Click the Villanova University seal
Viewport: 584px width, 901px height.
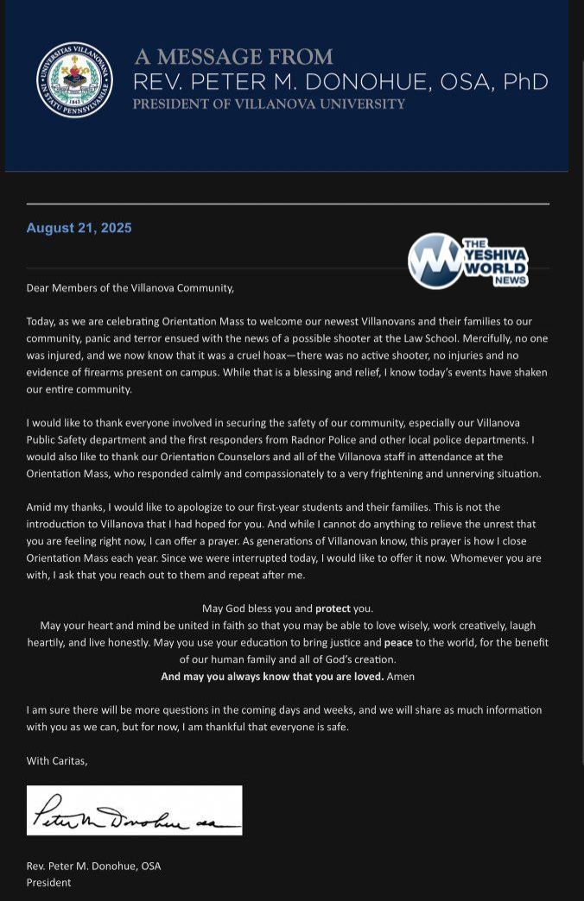pyautogui.click(x=74, y=80)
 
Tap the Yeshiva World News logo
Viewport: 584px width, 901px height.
pyautogui.click(x=467, y=261)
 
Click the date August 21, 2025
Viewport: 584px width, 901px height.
pyautogui.click(x=79, y=228)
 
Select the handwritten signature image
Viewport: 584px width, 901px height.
pyautogui.click(x=134, y=810)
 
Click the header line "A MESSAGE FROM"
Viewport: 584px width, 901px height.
pyautogui.click(x=233, y=57)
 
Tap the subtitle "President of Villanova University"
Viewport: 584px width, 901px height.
pyautogui.click(x=269, y=104)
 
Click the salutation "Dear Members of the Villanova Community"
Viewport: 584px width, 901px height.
pyautogui.click(x=130, y=288)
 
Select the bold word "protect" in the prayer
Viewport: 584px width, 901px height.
pyautogui.click(x=333, y=608)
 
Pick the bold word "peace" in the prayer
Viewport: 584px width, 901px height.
pyautogui.click(x=398, y=643)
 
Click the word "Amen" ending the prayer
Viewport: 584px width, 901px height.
pyautogui.click(x=401, y=677)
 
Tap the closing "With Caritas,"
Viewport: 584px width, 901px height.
pyautogui.click(x=57, y=760)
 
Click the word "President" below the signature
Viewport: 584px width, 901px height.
pyautogui.click(x=48, y=883)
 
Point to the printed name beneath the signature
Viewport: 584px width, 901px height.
pyautogui.click(x=93, y=866)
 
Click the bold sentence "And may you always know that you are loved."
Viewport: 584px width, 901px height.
pyautogui.click(x=272, y=677)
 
